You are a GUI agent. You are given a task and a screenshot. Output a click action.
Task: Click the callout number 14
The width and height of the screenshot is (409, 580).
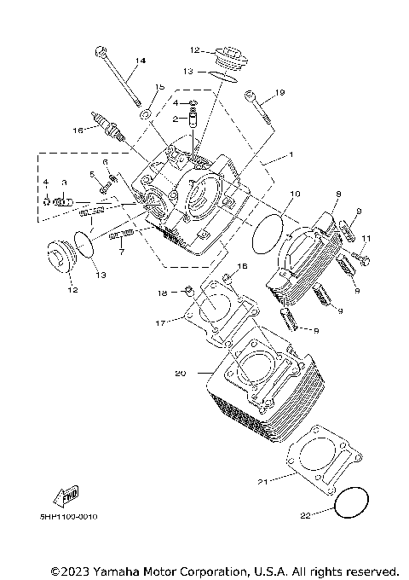click(141, 60)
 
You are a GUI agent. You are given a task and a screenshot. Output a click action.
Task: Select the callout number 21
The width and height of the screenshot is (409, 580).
click(263, 483)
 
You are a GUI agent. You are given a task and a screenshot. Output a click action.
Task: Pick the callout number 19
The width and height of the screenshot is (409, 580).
click(279, 92)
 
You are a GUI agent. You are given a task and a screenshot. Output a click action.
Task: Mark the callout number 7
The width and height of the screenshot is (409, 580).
click(122, 252)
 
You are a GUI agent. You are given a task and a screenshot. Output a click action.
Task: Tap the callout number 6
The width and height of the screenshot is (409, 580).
click(105, 161)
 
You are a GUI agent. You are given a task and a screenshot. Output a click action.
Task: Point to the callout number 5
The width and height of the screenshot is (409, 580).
click(91, 175)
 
